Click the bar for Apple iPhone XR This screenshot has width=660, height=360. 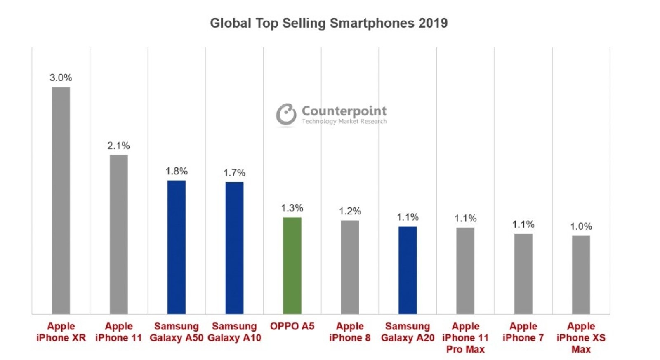61,200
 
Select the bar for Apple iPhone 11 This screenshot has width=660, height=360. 119,234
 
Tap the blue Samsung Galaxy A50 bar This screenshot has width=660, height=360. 177,247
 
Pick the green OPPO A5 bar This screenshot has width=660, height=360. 292,266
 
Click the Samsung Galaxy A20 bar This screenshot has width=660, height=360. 408,270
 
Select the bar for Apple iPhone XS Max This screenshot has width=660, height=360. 581,275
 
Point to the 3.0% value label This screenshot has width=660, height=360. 61,78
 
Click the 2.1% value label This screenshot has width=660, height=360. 119,146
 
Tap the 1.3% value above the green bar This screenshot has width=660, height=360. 292,208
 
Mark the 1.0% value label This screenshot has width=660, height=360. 581,226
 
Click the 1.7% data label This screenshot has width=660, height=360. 234,173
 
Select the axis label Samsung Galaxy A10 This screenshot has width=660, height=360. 234,332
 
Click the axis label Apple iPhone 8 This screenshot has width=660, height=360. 350,332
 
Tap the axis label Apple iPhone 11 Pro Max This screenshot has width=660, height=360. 465,338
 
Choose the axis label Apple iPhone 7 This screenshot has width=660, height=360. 523,332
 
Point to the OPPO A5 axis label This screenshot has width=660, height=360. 292,326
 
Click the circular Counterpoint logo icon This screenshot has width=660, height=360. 286,114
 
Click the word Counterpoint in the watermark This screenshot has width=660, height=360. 344,111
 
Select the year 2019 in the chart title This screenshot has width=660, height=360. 433,23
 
